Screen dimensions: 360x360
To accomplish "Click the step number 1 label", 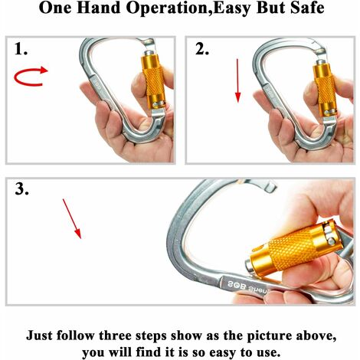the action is click(21, 48).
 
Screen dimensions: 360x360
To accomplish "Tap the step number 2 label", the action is click(202, 48).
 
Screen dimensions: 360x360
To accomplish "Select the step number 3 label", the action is click(22, 189).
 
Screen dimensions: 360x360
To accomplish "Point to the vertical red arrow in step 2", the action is click(237, 80).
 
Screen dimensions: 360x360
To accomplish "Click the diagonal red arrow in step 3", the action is click(72, 219).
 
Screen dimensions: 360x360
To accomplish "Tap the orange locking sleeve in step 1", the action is click(154, 81).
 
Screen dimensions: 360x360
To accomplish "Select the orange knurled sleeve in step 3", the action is click(296, 250).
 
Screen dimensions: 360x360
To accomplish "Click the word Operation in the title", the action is click(167, 8).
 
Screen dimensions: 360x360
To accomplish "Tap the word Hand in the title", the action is click(98, 8).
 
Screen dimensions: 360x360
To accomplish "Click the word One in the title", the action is click(55, 8).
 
